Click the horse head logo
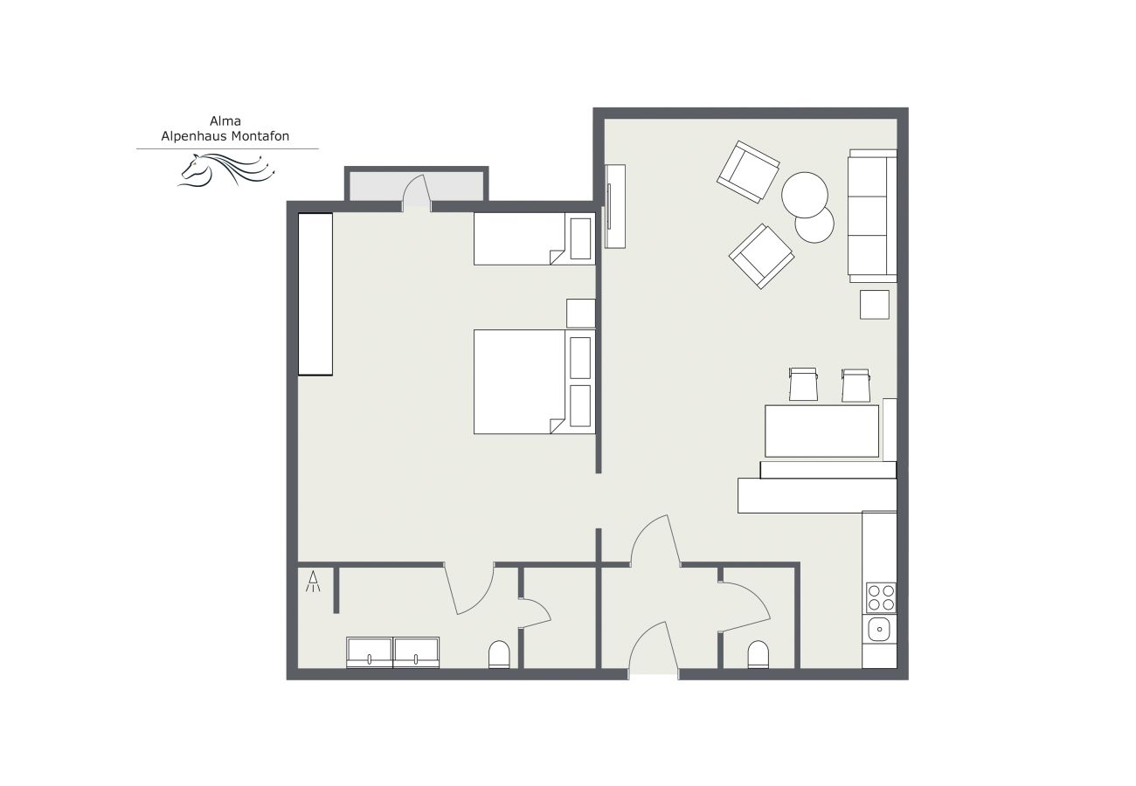(226, 169)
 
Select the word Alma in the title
(225, 121)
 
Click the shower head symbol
(313, 581)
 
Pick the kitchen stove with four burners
(881, 598)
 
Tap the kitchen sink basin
(879, 630)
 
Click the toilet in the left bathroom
(499, 655)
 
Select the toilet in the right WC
(758, 655)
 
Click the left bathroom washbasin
(369, 652)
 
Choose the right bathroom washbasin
(416, 652)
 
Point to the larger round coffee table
(804, 195)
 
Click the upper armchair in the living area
(748, 172)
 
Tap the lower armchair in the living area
(762, 257)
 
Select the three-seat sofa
(872, 216)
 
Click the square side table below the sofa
(875, 305)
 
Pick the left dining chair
(803, 384)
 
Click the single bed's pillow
(580, 238)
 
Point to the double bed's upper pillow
(580, 358)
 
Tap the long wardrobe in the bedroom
(315, 294)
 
